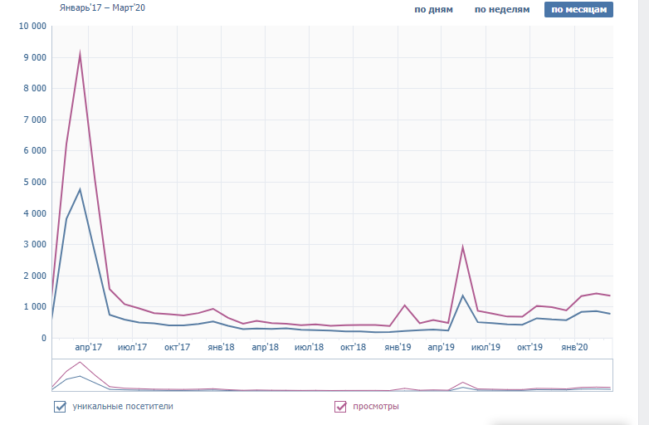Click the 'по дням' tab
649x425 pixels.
[433, 10]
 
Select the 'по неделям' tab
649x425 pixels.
[501, 10]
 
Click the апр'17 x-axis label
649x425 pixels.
[88, 347]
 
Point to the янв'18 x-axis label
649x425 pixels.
[221, 347]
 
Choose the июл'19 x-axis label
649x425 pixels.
[486, 347]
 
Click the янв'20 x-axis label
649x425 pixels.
[574, 347]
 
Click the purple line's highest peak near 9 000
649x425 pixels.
[80, 55]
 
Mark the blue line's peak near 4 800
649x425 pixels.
[80, 190]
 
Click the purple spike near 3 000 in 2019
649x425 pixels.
[462, 247]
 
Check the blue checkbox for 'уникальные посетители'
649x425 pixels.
[60, 407]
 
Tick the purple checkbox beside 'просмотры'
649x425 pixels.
[340, 407]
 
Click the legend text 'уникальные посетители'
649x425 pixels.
[124, 407]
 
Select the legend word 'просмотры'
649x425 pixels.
[376, 407]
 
